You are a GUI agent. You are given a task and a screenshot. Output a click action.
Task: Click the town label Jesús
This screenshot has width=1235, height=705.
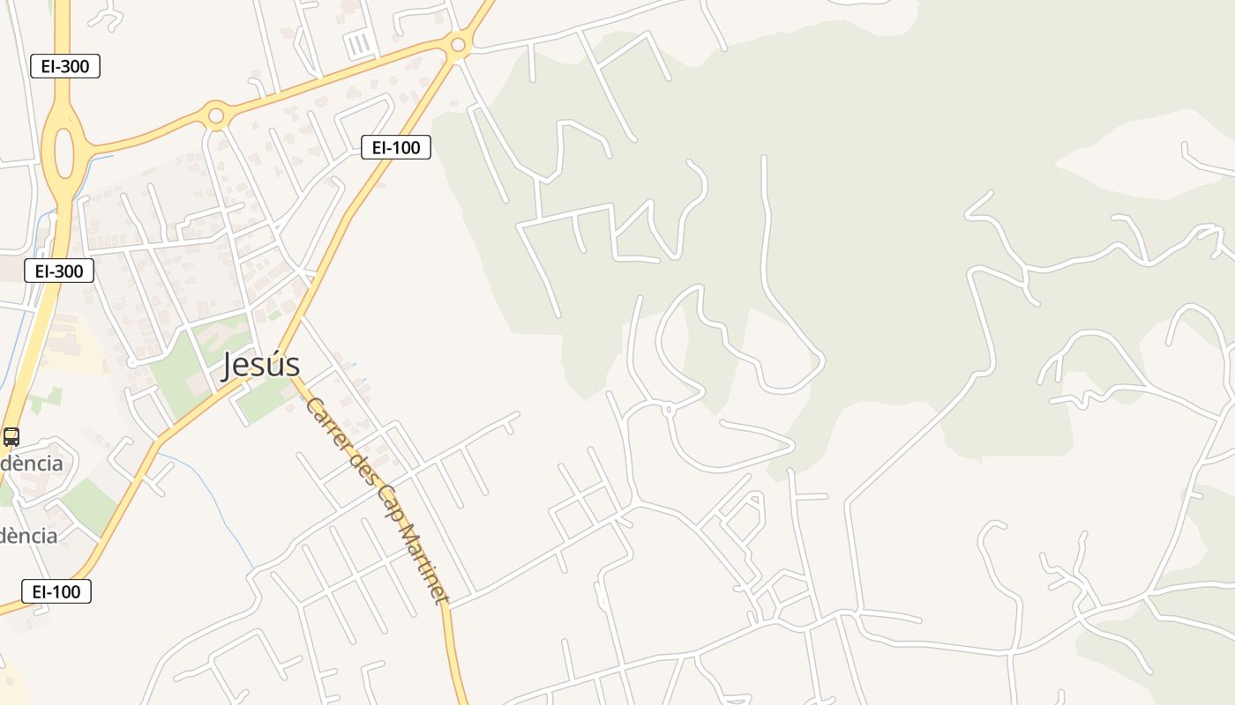coord(260,364)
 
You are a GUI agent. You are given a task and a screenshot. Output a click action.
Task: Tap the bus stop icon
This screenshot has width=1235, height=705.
coord(11,436)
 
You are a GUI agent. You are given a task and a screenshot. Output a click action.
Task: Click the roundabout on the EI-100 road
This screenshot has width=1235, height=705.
coord(457,44)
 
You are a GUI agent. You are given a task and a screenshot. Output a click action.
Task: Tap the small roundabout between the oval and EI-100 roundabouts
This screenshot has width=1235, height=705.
coord(215,115)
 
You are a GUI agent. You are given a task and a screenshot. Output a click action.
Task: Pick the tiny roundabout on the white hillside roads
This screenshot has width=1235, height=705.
coord(668,409)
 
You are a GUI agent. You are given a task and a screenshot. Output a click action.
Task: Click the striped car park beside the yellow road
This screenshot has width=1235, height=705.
coord(358,44)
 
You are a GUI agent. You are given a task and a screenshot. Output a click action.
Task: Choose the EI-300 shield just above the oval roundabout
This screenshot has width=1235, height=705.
coord(65,66)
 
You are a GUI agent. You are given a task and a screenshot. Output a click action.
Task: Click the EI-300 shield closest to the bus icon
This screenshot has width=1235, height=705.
coord(59,271)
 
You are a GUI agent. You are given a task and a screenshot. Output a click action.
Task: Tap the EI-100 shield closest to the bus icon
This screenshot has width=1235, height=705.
coord(56,591)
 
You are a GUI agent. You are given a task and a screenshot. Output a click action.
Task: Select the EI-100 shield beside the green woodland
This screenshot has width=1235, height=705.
coord(396,147)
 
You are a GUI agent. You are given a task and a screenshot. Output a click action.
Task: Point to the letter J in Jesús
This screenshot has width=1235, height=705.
coord(229,365)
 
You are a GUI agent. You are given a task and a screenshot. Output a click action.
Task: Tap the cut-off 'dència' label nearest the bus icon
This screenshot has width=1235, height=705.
coord(31,464)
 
